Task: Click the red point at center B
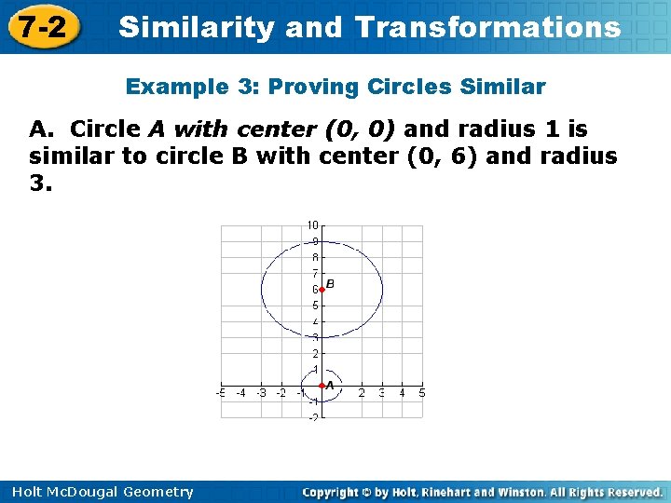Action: pyautogui.click(x=322, y=290)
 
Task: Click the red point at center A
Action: pyautogui.click(x=322, y=385)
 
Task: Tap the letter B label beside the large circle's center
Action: pyautogui.click(x=330, y=283)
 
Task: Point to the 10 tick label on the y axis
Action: pyautogui.click(x=313, y=224)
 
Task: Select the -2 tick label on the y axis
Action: pyautogui.click(x=313, y=417)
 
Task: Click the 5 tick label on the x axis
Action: pyautogui.click(x=422, y=393)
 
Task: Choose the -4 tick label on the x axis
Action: pyautogui.click(x=240, y=393)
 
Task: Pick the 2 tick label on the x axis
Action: pyautogui.click(x=362, y=393)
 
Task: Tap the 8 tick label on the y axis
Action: pyautogui.click(x=315, y=257)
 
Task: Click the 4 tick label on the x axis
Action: pyautogui.click(x=402, y=393)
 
